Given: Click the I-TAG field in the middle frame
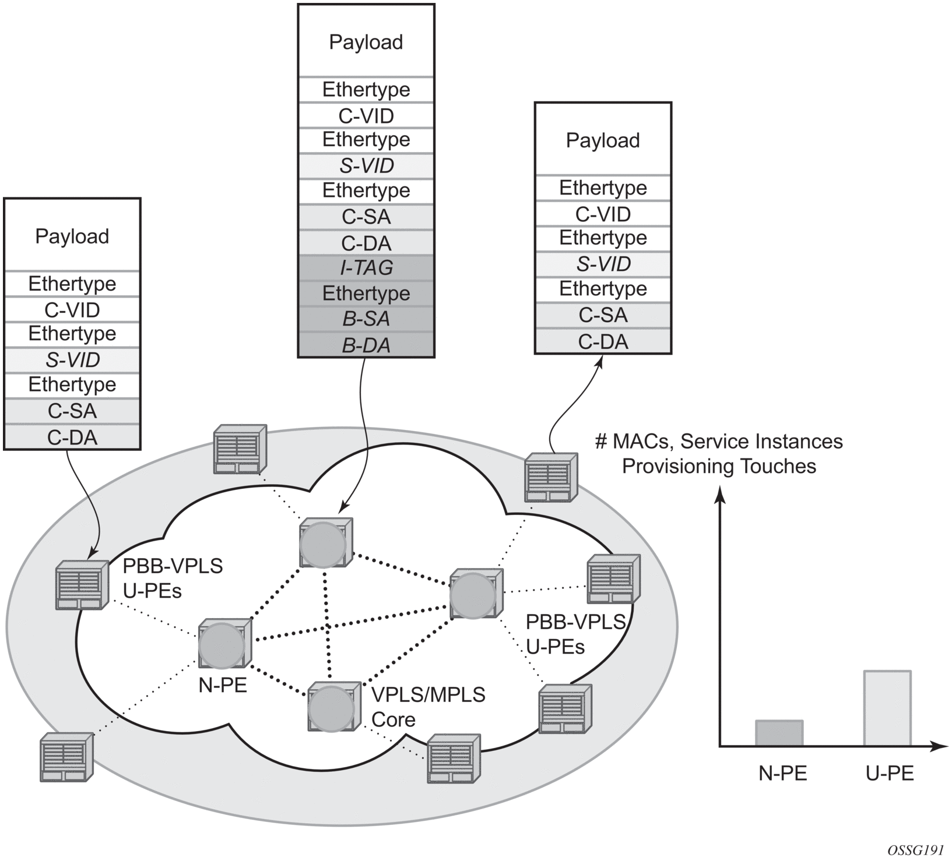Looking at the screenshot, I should (x=366, y=267).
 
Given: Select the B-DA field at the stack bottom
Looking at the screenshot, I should (x=366, y=345).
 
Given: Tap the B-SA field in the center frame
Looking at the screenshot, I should (x=366, y=319).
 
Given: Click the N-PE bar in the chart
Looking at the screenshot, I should (x=779, y=733).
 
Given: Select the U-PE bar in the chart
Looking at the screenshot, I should (x=887, y=708).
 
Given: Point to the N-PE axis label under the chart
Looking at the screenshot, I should (x=782, y=773).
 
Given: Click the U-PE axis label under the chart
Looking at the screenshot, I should (x=890, y=773).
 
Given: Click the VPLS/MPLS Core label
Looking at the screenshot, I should (x=428, y=707).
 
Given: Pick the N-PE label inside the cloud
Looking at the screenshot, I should (x=223, y=685).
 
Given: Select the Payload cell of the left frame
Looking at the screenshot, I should (x=72, y=236).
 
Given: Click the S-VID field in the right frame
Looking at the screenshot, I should (x=603, y=264).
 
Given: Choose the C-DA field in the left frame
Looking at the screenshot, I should (x=72, y=437).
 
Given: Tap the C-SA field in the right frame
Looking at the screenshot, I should (x=603, y=315).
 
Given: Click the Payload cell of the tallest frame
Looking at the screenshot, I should (x=366, y=42).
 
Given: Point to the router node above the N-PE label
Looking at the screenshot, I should (x=223, y=644).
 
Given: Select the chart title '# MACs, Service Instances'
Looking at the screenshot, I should (x=718, y=442).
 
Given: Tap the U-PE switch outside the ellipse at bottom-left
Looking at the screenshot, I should (x=66, y=756).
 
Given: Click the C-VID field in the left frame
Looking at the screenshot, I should (x=72, y=310).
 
